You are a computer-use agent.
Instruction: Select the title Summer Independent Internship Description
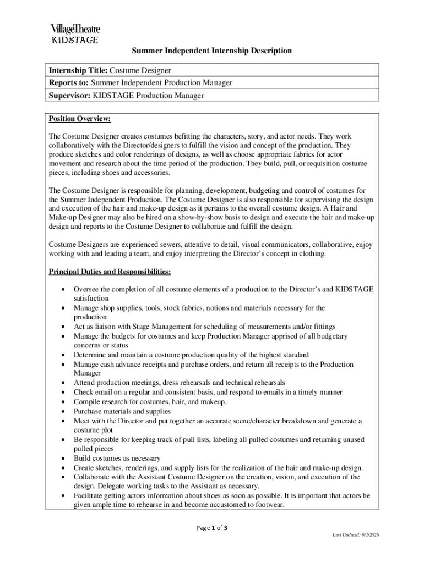coord(211,51)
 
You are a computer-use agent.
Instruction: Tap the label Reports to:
coord(69,82)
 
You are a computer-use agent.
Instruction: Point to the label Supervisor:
coord(70,95)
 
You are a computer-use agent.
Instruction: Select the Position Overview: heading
coord(80,119)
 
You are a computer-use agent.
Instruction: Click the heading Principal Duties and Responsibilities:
coord(110,272)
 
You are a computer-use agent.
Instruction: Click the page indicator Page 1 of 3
coord(211,528)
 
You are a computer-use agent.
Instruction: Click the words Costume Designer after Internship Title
coord(140,70)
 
